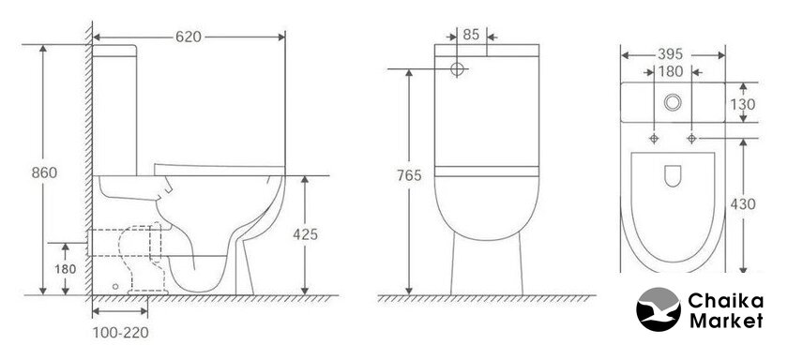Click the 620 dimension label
pyautogui.click(x=189, y=37)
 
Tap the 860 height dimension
pyautogui.click(x=44, y=172)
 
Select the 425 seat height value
pyautogui.click(x=306, y=234)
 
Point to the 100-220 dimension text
pyautogui.click(x=121, y=333)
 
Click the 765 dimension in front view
pyautogui.click(x=409, y=175)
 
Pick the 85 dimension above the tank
pyautogui.click(x=471, y=35)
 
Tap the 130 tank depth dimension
pyautogui.click(x=743, y=104)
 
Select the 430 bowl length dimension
pyautogui.click(x=743, y=204)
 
